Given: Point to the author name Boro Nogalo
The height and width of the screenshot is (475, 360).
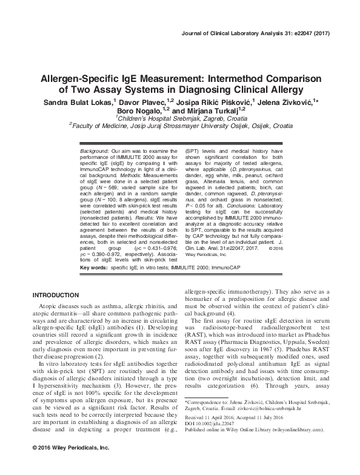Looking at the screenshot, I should (x=148, y=111).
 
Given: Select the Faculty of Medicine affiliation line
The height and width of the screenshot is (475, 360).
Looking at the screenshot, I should (x=179, y=127).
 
